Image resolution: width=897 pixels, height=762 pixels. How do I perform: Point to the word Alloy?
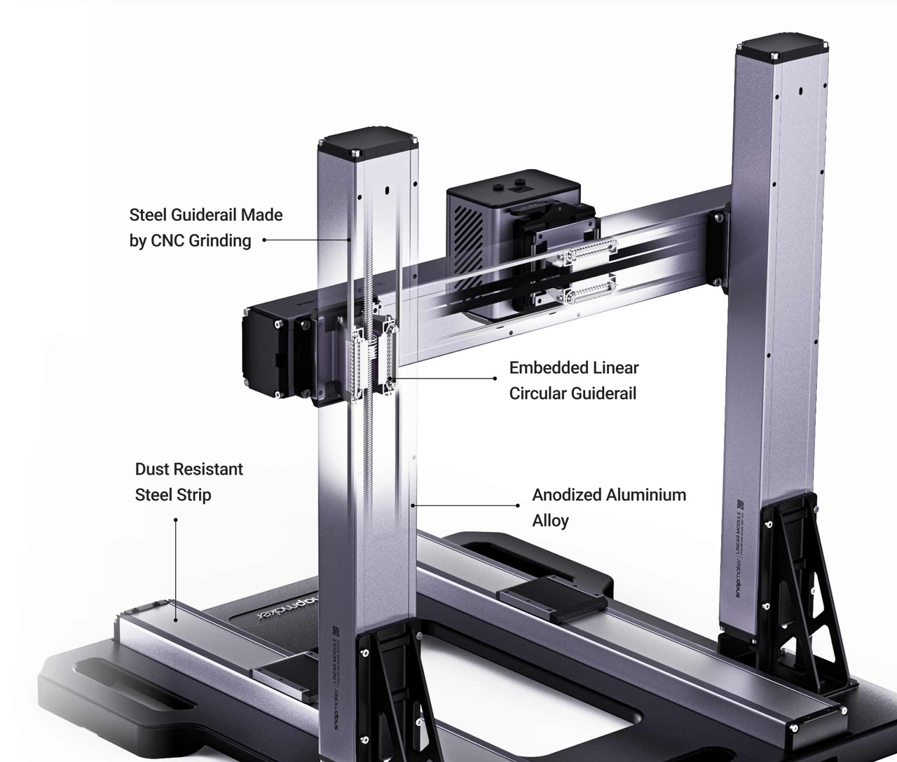point(550,521)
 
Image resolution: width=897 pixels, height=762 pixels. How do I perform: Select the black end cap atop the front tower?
point(367,142)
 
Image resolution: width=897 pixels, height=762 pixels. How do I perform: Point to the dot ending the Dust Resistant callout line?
point(176,520)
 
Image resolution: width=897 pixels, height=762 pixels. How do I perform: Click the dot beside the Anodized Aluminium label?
point(517,505)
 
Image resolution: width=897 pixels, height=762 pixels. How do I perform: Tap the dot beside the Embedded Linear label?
point(495,379)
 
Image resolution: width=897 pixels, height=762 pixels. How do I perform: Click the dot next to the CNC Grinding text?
point(264,240)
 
